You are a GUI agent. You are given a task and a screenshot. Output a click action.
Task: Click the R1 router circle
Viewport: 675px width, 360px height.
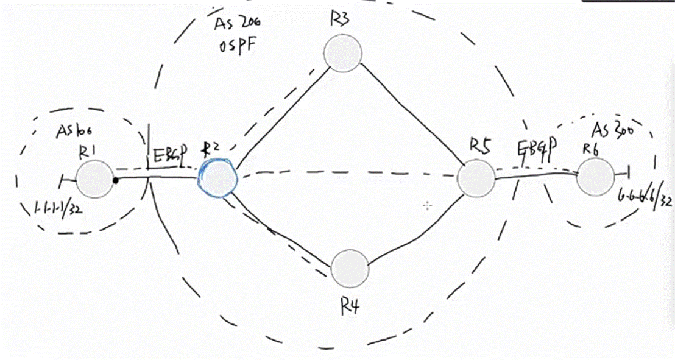pyautogui.click(x=94, y=179)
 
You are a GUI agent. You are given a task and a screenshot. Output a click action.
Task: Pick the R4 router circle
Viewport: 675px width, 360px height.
pyautogui.click(x=350, y=268)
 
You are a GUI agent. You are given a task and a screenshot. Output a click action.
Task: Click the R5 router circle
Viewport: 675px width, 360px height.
pyautogui.click(x=476, y=179)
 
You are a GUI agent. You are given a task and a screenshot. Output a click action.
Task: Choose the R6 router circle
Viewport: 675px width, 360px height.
pyautogui.click(x=596, y=177)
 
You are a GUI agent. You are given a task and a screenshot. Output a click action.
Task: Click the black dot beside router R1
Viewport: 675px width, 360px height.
pyautogui.click(x=115, y=180)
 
